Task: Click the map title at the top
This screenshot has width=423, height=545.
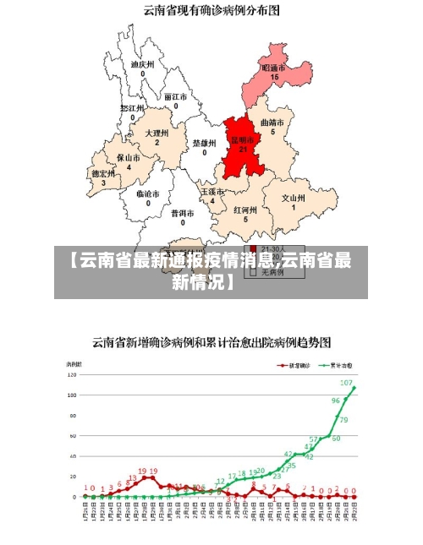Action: pos(211,11)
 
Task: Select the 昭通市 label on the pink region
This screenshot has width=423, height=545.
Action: pos(273,68)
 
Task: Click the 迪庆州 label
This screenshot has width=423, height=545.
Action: pos(142,64)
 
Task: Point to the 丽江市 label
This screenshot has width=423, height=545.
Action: pos(175,97)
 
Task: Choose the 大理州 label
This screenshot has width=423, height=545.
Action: pos(157,134)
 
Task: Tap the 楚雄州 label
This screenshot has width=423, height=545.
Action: pos(204,143)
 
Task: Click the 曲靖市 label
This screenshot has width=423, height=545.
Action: pos(272,123)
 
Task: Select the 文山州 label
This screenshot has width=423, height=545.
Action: pos(294,198)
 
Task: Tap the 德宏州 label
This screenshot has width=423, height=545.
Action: pos(103,173)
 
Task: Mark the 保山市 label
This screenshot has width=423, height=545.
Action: pos(129,157)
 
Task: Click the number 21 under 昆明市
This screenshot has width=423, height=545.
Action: pos(243,150)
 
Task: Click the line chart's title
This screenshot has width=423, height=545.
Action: pos(211,342)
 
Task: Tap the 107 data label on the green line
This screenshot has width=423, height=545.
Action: pos(346,382)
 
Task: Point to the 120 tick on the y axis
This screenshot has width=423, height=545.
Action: pos(72,374)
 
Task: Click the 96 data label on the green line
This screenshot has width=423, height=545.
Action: pos(335,401)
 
